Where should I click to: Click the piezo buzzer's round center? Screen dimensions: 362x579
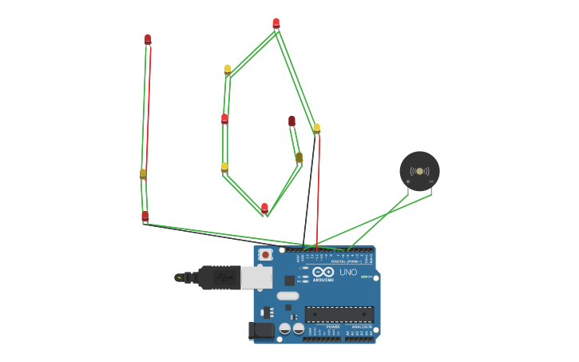[419, 171]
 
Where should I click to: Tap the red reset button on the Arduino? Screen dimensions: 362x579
[265, 254]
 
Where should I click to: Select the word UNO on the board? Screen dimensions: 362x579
[348, 272]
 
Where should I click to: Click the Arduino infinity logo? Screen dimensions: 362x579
[324, 272]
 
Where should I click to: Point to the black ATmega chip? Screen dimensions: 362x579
[339, 314]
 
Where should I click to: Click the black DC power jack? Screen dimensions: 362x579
[260, 331]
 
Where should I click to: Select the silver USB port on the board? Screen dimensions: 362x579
[256, 276]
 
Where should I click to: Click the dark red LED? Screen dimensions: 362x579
[291, 121]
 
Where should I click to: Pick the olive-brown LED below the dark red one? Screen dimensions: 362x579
[299, 157]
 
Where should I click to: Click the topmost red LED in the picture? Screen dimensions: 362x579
[276, 23]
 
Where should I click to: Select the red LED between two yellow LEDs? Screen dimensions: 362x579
[224, 119]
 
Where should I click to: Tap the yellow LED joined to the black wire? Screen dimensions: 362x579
[316, 128]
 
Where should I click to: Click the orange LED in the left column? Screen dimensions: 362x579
[143, 173]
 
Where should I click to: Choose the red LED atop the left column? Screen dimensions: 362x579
[148, 39]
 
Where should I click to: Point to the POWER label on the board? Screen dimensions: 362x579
[333, 326]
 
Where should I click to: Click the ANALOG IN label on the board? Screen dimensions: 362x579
[360, 326]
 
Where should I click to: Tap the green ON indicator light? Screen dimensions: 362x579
[365, 277]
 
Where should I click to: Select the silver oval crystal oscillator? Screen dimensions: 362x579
[288, 296]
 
